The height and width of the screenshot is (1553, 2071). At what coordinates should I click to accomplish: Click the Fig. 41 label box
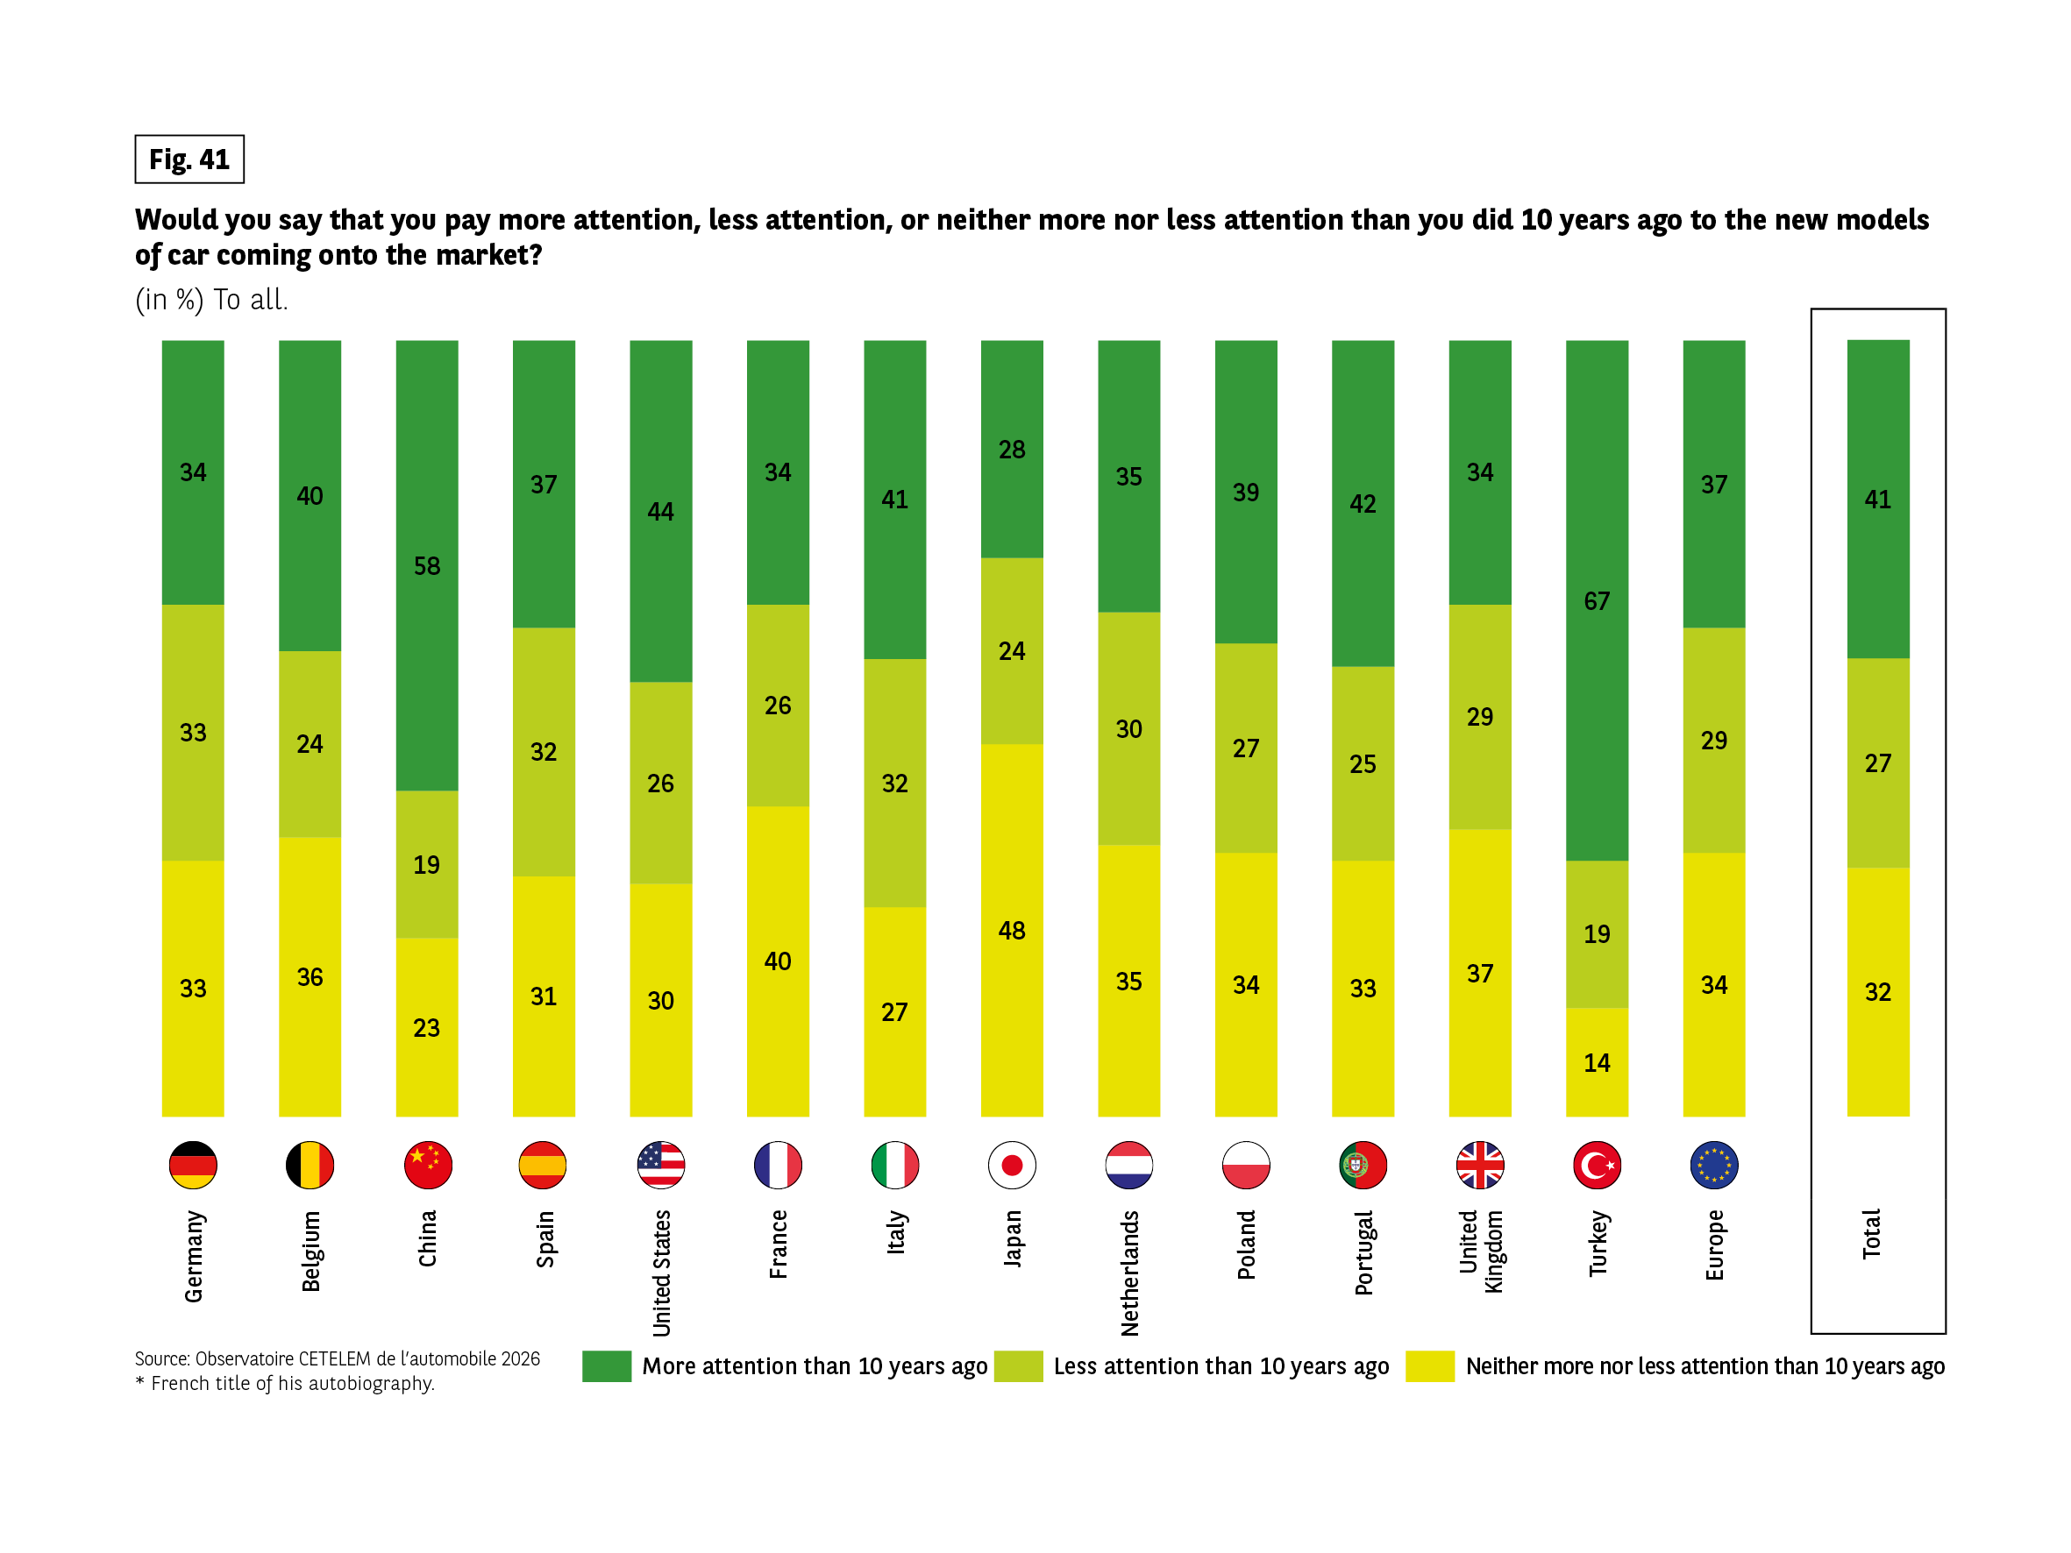click(x=189, y=160)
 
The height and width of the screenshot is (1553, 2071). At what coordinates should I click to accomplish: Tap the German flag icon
click(x=193, y=1165)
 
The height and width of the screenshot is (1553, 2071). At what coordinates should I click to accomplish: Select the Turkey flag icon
click(x=1597, y=1165)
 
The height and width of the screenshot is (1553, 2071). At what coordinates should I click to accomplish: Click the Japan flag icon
click(x=1011, y=1165)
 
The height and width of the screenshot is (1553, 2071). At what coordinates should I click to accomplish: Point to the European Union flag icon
click(x=1713, y=1165)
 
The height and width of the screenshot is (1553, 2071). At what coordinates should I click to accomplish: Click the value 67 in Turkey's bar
click(x=1597, y=601)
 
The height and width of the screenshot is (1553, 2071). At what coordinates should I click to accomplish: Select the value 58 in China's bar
click(x=427, y=565)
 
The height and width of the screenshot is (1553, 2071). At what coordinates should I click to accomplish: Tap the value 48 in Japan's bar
click(x=1011, y=931)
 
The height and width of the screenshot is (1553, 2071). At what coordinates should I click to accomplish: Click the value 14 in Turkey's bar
click(x=1597, y=1062)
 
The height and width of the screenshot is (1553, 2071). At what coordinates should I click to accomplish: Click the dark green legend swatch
click(x=606, y=1365)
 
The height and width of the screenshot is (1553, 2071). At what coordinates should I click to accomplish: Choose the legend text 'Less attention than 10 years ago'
click(x=1221, y=1365)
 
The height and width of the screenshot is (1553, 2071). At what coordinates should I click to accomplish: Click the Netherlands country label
click(x=1129, y=1273)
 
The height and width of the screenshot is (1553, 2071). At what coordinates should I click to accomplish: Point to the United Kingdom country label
click(x=1480, y=1252)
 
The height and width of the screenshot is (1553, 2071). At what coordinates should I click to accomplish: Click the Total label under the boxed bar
click(x=1870, y=1234)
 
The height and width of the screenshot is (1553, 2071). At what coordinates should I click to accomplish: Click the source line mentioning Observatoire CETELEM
click(x=337, y=1358)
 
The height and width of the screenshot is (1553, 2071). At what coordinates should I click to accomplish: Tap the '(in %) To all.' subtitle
click(x=211, y=300)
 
